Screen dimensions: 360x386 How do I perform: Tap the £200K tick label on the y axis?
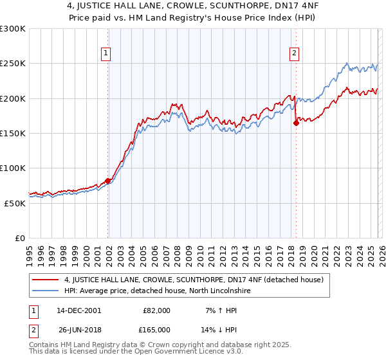pos(13,98)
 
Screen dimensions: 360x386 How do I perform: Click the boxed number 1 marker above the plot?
pos(106,54)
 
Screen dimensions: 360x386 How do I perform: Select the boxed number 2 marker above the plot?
pos(294,54)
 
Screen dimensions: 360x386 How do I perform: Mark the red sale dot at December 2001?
pos(107,181)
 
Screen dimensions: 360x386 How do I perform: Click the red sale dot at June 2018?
pos(296,123)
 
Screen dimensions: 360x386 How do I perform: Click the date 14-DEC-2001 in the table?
pos(78,310)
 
